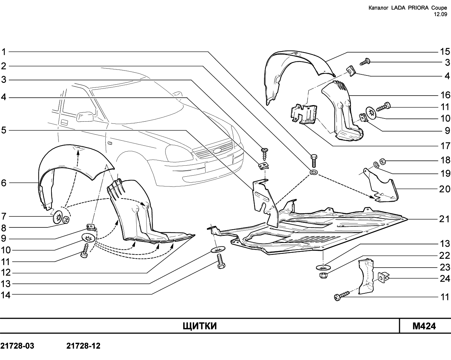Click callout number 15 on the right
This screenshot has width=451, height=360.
click(x=445, y=51)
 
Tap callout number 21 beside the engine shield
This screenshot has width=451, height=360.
click(x=445, y=219)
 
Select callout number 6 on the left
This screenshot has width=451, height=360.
click(x=4, y=183)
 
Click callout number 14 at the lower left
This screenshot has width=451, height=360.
click(x=5, y=295)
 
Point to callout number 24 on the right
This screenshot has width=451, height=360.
click(x=445, y=279)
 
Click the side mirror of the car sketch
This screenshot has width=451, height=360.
click(x=85, y=116)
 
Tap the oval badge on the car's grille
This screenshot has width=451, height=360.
click(x=217, y=151)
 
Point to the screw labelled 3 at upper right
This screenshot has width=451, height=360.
click(x=365, y=62)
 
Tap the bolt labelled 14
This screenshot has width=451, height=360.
click(x=221, y=261)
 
